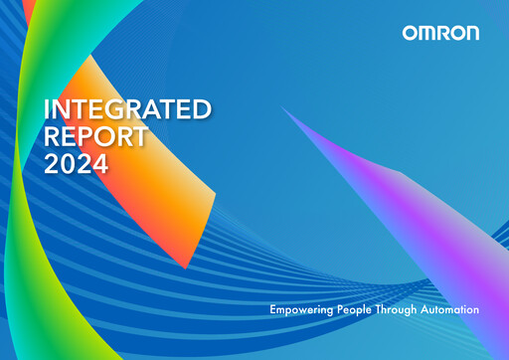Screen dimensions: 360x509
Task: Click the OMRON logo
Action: (x=440, y=33)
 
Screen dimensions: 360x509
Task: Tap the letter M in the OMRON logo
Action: (x=425, y=33)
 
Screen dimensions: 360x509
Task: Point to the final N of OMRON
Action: (x=471, y=33)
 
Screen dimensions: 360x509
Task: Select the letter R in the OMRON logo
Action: (x=441, y=33)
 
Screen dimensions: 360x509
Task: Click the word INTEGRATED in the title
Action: (x=128, y=109)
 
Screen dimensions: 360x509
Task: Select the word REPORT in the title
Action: (x=95, y=137)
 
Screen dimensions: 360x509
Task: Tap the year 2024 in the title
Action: (x=76, y=165)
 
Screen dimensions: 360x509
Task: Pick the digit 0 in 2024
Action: (x=66, y=165)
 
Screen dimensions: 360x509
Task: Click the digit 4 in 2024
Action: (x=99, y=165)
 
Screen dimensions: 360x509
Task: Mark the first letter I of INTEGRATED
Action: (x=47, y=109)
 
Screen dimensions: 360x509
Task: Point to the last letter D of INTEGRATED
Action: (x=202, y=109)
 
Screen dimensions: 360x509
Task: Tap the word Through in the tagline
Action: (x=406, y=311)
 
